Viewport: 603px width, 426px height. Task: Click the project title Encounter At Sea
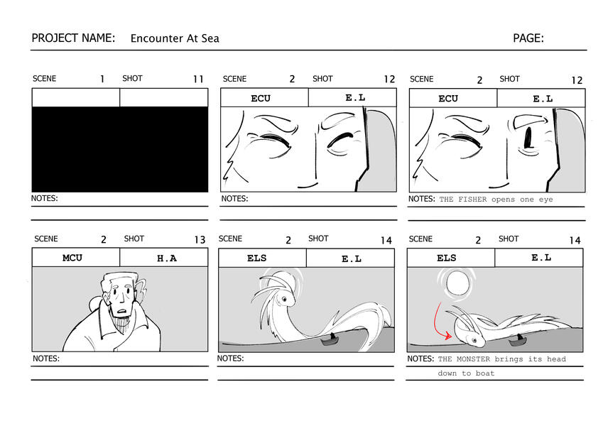point(175,38)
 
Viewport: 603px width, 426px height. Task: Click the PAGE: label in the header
point(528,38)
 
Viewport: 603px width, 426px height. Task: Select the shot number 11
point(198,80)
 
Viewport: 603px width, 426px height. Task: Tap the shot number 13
point(200,240)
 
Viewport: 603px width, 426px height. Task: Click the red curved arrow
point(441,322)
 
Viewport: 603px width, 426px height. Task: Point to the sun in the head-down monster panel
point(457,283)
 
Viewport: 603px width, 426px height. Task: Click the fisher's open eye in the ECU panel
point(528,138)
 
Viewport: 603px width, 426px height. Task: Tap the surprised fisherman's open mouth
point(122,312)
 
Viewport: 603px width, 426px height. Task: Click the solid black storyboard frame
point(120,149)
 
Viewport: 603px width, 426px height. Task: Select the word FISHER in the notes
point(472,200)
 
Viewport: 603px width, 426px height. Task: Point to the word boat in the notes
point(485,373)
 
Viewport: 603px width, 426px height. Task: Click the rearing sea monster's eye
point(284,299)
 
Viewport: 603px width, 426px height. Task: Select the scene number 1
point(102,80)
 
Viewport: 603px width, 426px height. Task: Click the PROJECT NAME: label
point(73,38)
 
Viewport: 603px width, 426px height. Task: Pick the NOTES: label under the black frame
point(44,198)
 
